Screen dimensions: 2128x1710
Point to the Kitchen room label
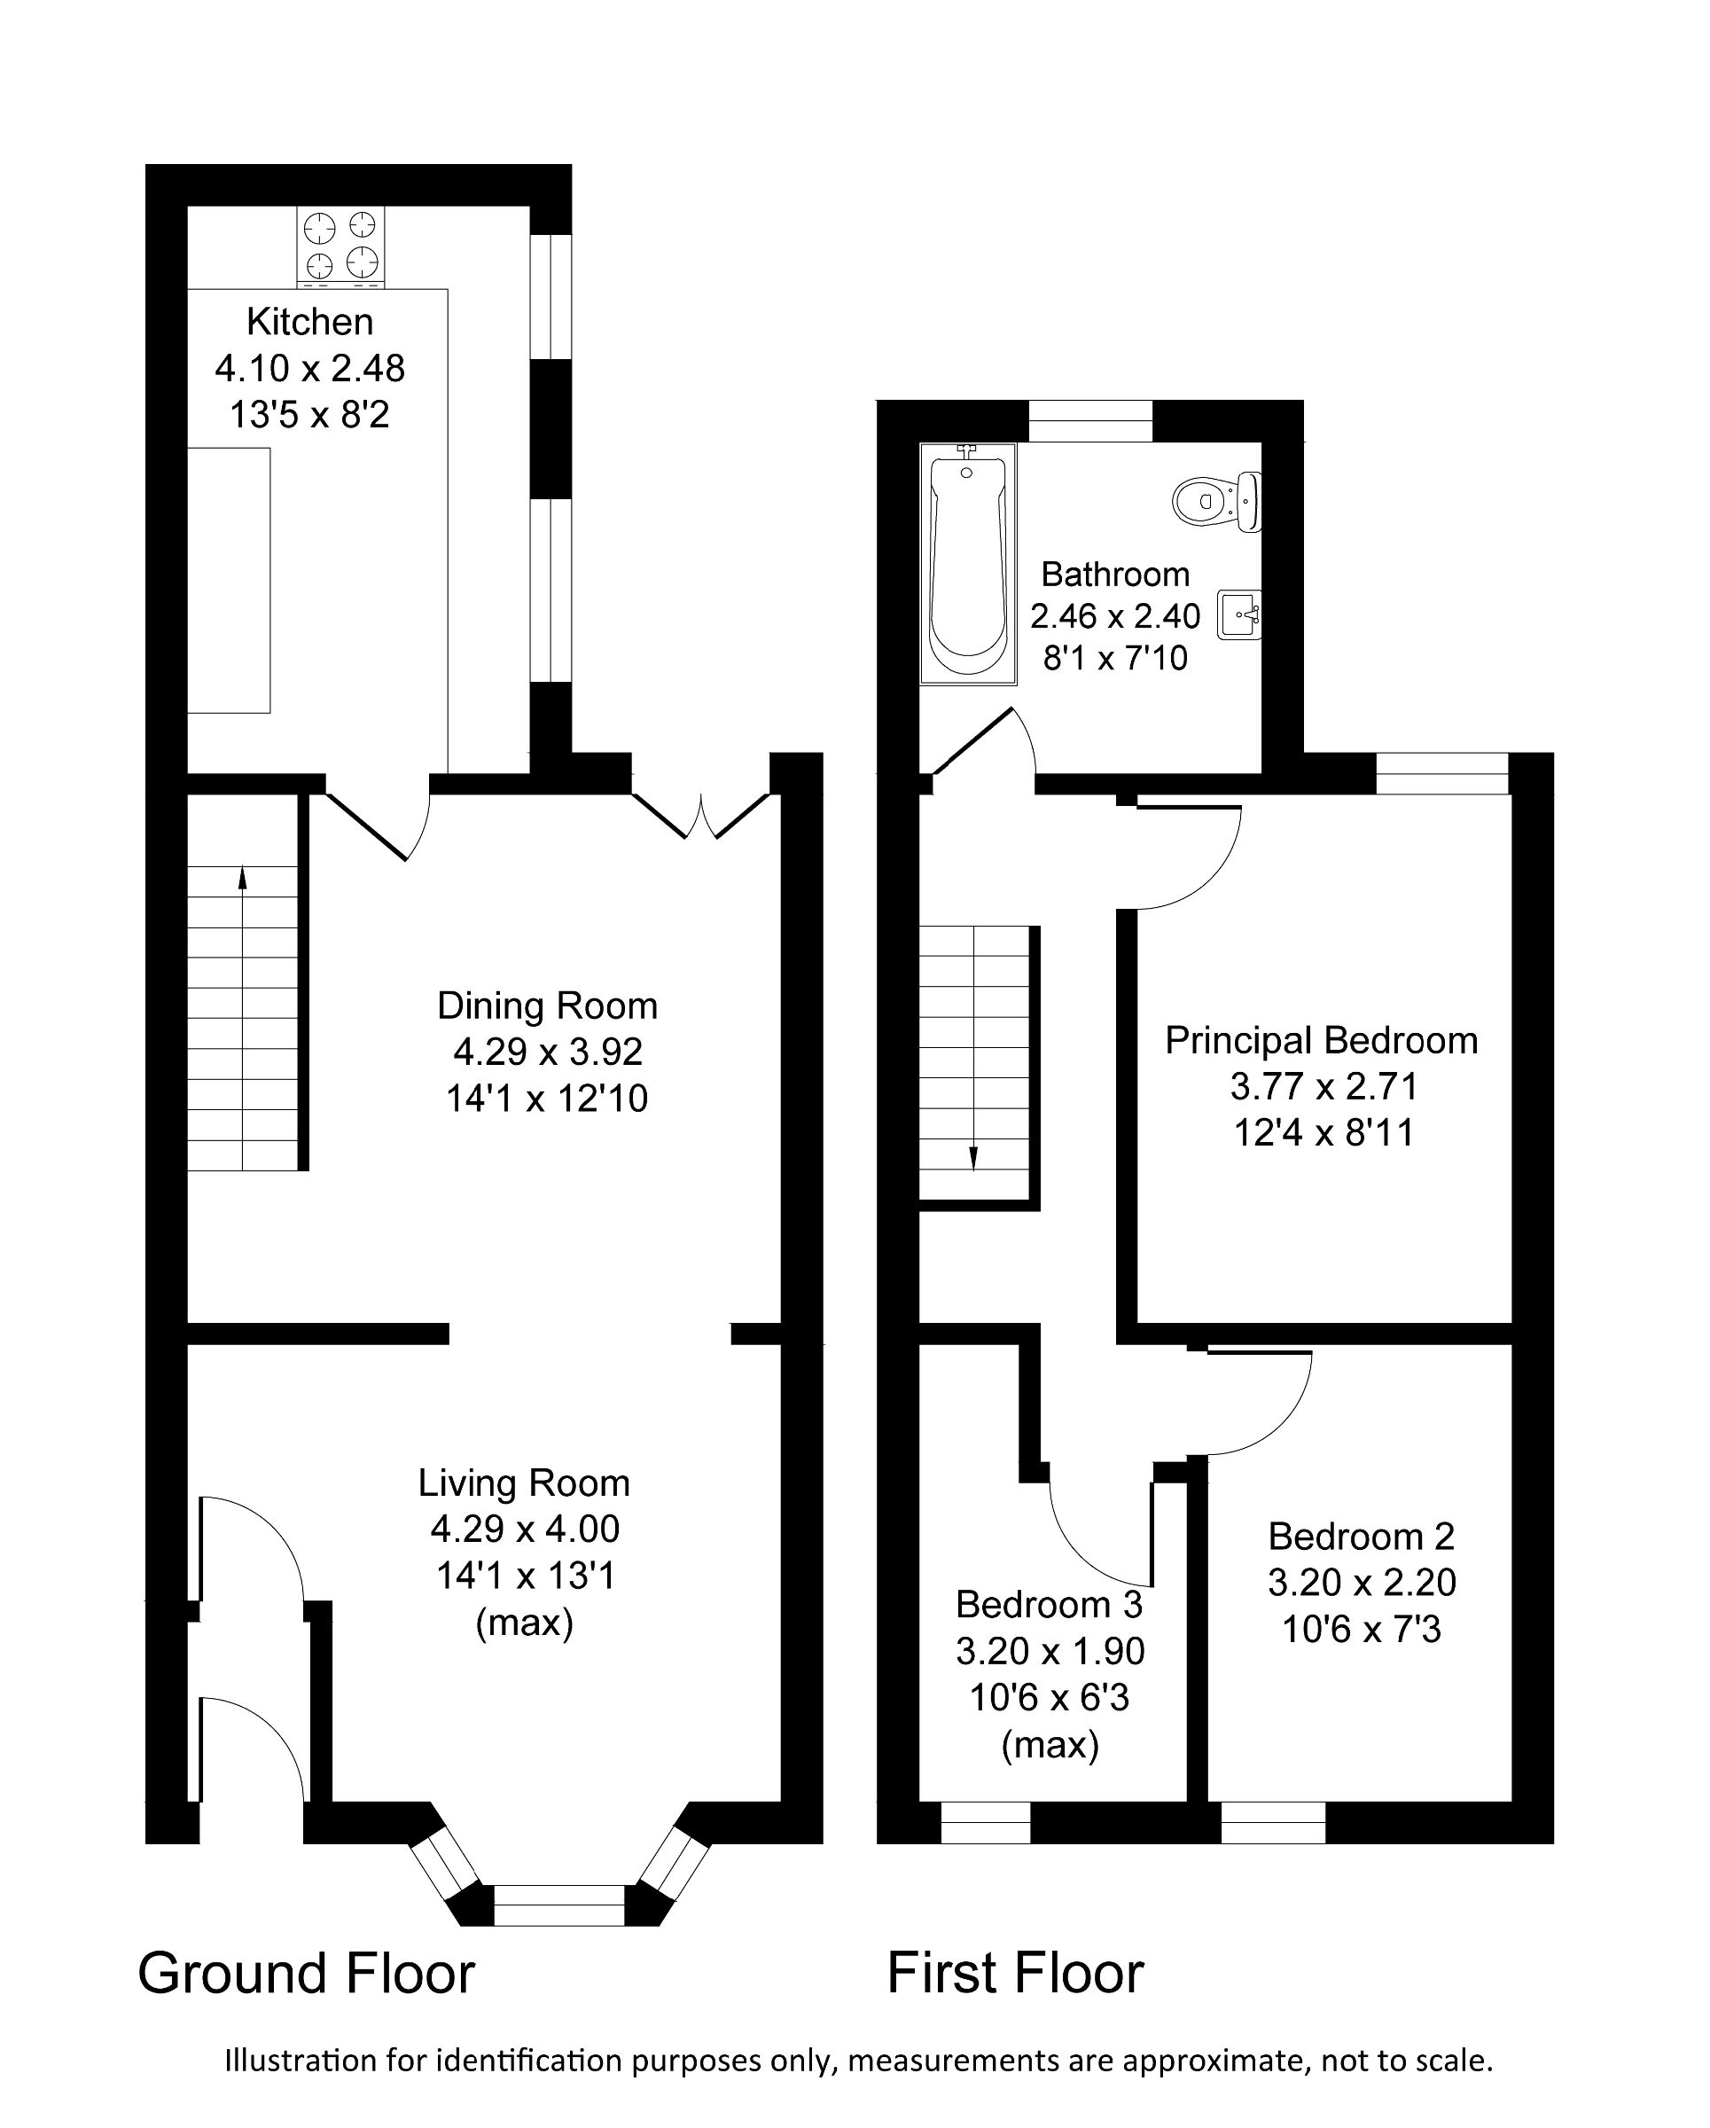310,322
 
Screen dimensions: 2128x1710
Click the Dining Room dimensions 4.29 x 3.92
548,1052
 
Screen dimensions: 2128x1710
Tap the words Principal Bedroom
1321,1040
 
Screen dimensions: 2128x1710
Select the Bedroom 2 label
1361,1537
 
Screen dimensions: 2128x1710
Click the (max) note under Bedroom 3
1050,1746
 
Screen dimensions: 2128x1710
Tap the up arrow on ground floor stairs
243,879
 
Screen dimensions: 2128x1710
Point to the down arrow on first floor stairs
974,1158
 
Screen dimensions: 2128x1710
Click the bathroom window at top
1090,421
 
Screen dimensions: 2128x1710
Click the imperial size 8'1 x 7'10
1115,658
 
